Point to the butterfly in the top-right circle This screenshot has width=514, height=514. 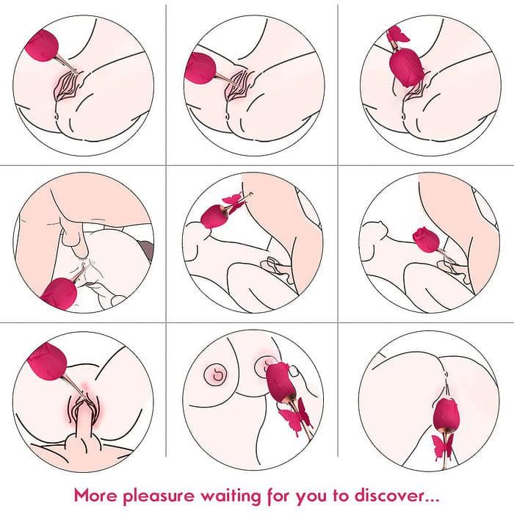pos(397,35)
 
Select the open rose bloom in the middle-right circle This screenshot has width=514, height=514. pos(426,239)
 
